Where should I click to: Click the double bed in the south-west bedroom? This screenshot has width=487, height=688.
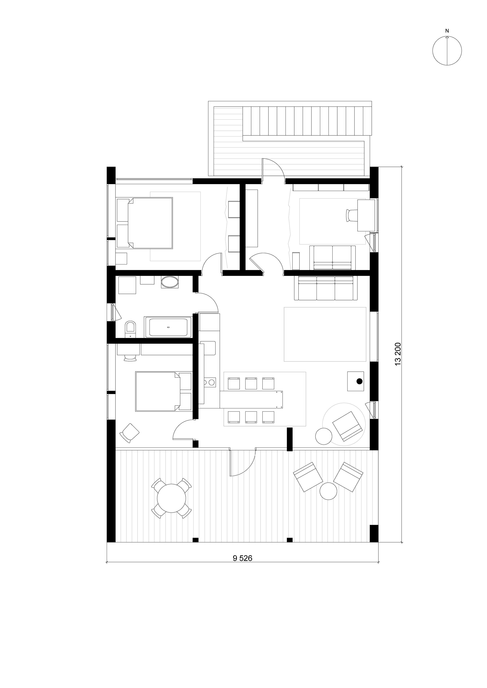(x=163, y=391)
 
